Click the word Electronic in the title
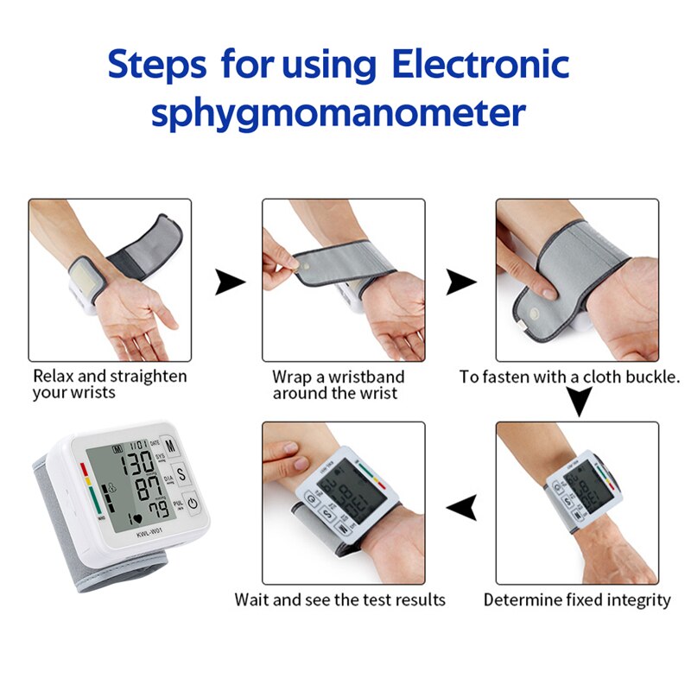coord(480,65)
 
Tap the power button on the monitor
coord(192,503)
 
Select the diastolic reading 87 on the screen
coord(143,486)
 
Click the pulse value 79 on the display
coord(155,509)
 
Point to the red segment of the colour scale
coord(85,471)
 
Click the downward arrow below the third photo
coord(578,402)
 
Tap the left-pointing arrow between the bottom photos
coord(464,508)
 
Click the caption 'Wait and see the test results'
coord(339,599)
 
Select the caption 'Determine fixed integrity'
coord(576,599)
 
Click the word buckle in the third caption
coord(652,377)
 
